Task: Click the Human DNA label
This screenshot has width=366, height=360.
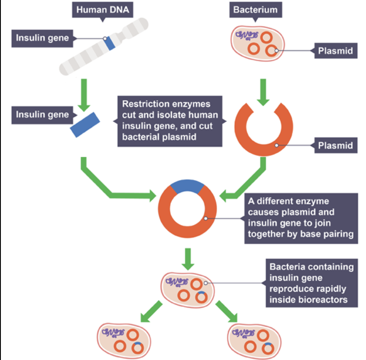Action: [102, 9]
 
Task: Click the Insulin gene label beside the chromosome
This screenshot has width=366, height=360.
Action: [42, 38]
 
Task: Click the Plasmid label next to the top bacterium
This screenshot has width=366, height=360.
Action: [335, 51]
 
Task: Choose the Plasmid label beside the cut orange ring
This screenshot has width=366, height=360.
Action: [335, 145]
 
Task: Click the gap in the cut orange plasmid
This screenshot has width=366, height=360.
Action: [263, 111]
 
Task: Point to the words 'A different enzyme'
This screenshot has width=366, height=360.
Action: [288, 202]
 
